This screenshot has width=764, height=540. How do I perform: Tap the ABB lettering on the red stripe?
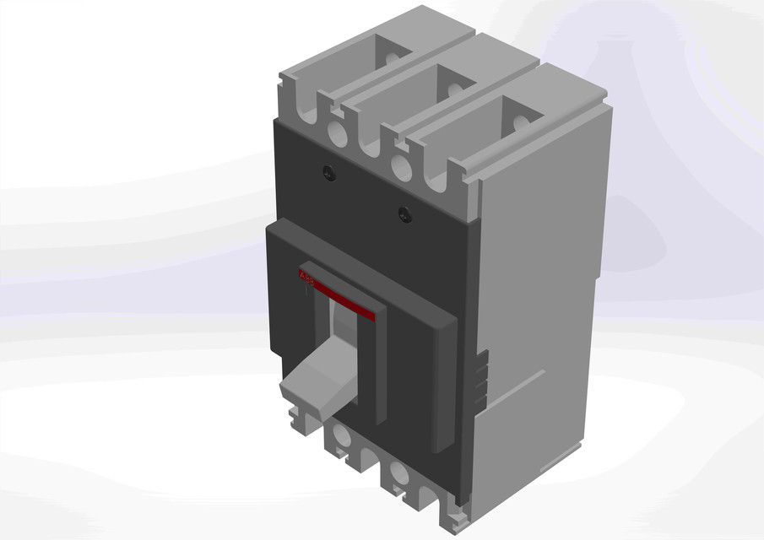[306, 278]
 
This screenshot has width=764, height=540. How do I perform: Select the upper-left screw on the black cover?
[328, 173]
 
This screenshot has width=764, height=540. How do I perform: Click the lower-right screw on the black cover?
[404, 214]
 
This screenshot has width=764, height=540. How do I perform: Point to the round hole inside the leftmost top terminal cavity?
[393, 61]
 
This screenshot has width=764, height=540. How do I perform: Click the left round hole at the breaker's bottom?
[341, 437]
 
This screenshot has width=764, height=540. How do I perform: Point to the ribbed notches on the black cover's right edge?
[480, 380]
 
